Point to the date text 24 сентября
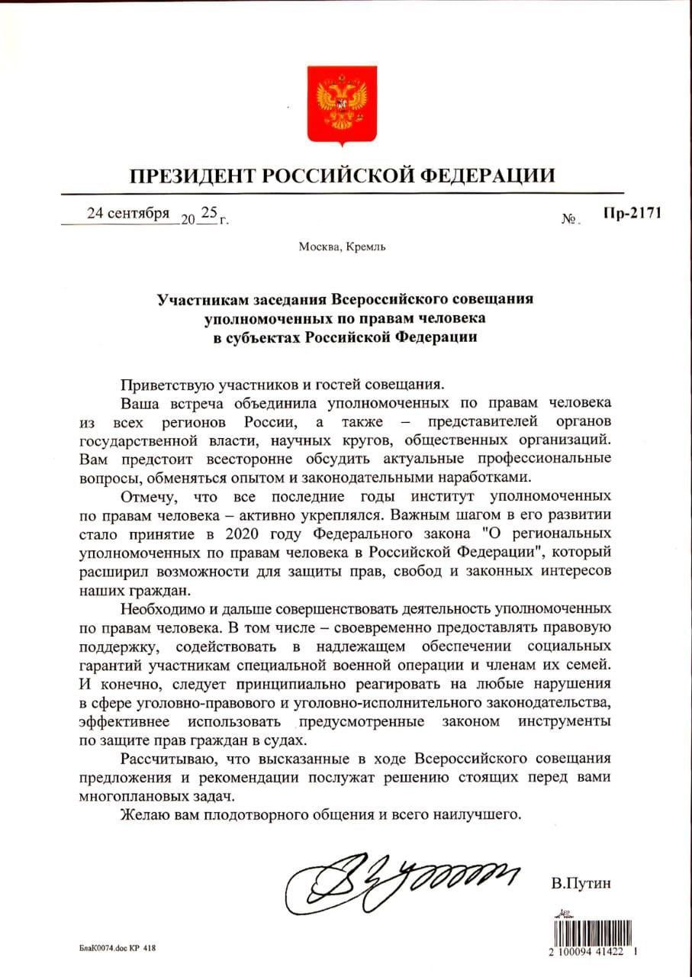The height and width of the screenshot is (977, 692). point(128,213)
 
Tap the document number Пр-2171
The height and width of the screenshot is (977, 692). point(632,213)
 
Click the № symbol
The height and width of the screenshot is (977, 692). point(569,220)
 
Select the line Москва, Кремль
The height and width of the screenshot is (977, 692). point(342,247)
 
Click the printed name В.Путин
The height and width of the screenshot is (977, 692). point(581,885)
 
